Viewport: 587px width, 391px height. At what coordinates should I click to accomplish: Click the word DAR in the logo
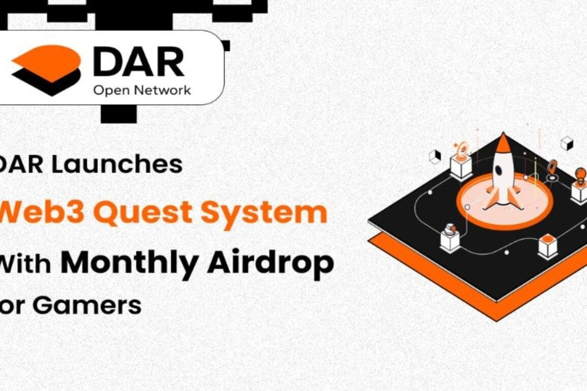coord(139,62)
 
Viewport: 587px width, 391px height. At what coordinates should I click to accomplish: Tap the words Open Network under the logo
coord(142,90)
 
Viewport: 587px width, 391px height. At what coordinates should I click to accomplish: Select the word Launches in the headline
coord(117,164)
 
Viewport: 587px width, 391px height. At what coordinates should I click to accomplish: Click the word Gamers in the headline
coord(87,306)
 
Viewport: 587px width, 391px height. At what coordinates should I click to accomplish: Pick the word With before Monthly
coord(25,264)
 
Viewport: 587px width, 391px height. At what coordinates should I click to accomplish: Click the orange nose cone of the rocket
coord(503,143)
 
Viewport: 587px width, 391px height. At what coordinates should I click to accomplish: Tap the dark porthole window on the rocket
coord(500,170)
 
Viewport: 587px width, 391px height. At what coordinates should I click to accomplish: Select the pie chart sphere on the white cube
coord(450,229)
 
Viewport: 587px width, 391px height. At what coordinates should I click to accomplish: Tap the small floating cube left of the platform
coord(435,157)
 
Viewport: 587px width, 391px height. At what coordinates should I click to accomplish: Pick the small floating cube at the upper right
coord(567,144)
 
